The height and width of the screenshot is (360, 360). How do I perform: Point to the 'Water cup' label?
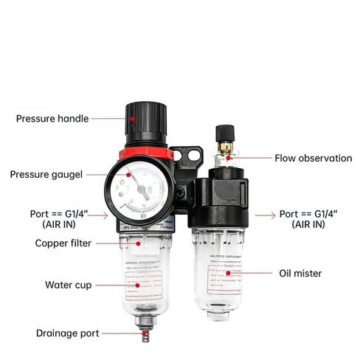(x=67, y=284)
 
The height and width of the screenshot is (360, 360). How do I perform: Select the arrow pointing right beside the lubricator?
(x=263, y=215)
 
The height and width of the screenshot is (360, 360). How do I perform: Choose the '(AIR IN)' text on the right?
(x=308, y=224)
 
